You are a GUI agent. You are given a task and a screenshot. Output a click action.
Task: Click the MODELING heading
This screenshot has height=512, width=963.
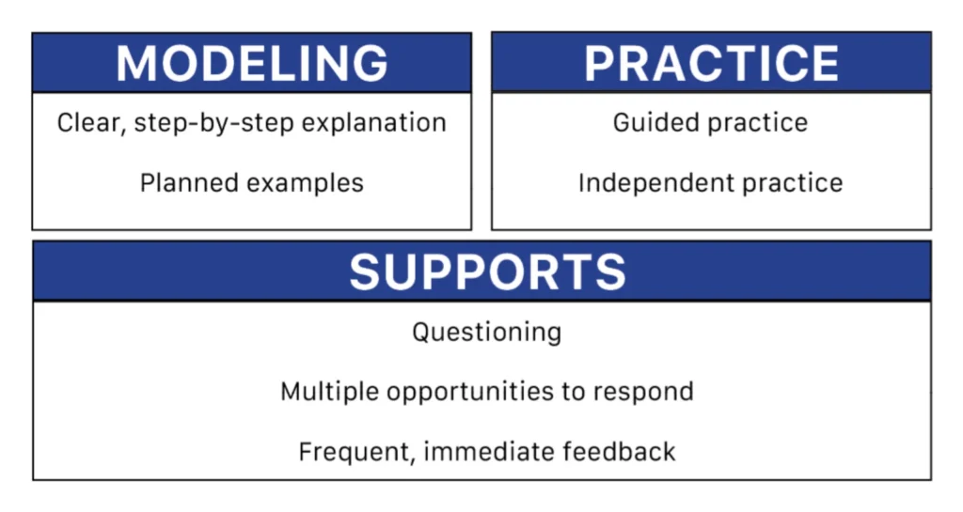pyautogui.click(x=252, y=63)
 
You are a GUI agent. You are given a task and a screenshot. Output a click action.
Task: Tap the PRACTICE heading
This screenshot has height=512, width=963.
pyautogui.click(x=711, y=63)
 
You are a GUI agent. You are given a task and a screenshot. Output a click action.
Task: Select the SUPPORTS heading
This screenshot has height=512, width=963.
pyautogui.click(x=488, y=272)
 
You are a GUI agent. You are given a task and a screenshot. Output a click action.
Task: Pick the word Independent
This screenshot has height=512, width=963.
pyautogui.click(x=656, y=183)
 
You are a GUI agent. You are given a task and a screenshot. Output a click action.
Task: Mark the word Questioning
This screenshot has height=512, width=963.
pyautogui.click(x=487, y=333)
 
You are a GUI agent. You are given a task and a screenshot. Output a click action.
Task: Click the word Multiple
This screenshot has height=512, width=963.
pyautogui.click(x=330, y=391)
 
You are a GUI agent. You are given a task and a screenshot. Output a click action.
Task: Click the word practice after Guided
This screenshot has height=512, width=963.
pyautogui.click(x=758, y=123)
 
